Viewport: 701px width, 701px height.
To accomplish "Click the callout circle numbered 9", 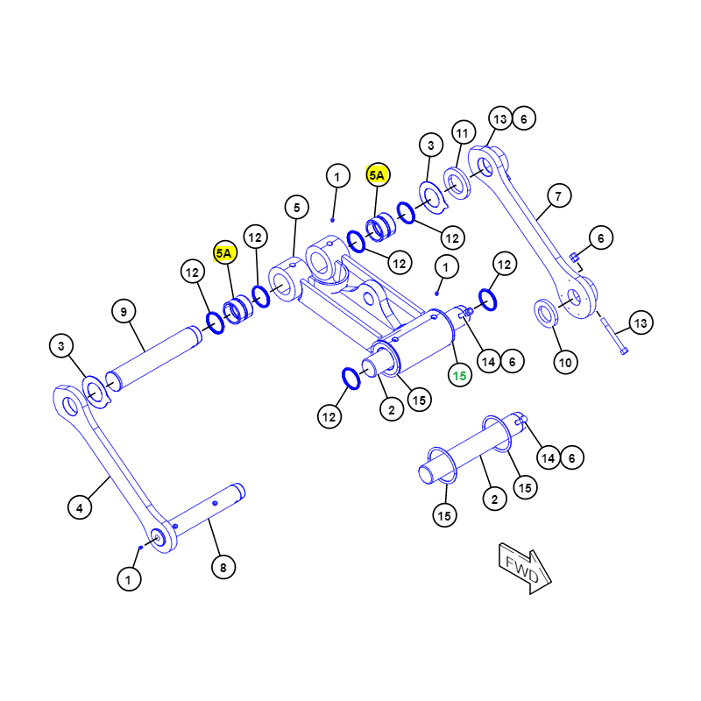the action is pyautogui.click(x=124, y=312).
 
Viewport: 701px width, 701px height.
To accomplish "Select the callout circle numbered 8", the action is pyautogui.click(x=223, y=567).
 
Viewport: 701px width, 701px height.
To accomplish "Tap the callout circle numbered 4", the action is pyautogui.click(x=80, y=507).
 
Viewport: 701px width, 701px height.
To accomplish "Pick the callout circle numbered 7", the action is pyautogui.click(x=559, y=195).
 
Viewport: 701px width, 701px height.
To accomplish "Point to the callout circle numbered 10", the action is pyautogui.click(x=565, y=362).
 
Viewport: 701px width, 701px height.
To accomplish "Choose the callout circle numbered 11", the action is pyautogui.click(x=464, y=132).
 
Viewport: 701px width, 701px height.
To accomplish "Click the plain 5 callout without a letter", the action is pyautogui.click(x=297, y=207).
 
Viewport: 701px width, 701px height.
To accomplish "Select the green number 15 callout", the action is pyautogui.click(x=460, y=376).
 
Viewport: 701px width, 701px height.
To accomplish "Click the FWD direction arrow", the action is pyautogui.click(x=525, y=568).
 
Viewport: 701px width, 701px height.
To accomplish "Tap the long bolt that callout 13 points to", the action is pyautogui.click(x=613, y=336).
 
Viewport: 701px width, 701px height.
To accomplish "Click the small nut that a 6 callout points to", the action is pyautogui.click(x=574, y=257).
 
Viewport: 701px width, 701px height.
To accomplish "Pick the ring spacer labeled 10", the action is pyautogui.click(x=546, y=313).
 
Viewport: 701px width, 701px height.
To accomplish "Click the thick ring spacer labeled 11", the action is pyautogui.click(x=457, y=183).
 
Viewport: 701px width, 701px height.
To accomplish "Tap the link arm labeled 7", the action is pyautogui.click(x=532, y=231).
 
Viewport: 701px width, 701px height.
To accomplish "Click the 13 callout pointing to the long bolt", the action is pyautogui.click(x=641, y=322).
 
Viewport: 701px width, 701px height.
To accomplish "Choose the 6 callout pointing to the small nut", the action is pyautogui.click(x=601, y=237).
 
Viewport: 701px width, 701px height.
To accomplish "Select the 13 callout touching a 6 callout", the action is pyautogui.click(x=500, y=118).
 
